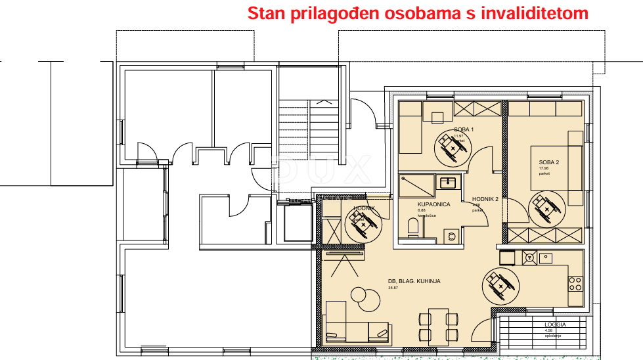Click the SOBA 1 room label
coord(464,129)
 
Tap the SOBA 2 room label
coord(548,162)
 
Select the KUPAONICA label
coord(433,204)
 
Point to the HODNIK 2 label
coord(485,200)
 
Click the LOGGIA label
coord(554,325)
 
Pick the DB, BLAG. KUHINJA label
coord(414,281)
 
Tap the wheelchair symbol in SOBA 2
coord(544,209)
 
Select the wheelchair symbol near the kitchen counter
coord(499,284)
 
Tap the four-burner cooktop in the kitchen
coord(575,283)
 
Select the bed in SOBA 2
coord(557,167)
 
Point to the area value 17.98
coord(543,169)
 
